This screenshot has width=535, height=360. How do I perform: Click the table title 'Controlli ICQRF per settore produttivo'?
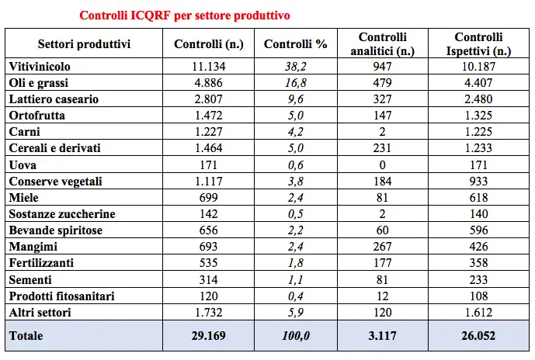point(186,16)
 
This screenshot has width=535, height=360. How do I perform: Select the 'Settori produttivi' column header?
point(84,44)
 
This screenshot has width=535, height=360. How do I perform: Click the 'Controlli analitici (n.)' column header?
point(383,44)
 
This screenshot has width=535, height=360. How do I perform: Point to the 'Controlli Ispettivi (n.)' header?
point(479,44)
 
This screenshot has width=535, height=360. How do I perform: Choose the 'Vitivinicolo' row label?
point(40,67)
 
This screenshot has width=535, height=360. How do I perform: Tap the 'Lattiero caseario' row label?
point(54,99)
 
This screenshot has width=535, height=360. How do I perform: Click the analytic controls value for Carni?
point(383,132)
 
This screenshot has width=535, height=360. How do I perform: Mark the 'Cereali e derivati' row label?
point(55,148)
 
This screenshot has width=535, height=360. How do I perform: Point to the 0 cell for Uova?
point(383,164)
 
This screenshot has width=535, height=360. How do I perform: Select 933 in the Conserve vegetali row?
point(479,181)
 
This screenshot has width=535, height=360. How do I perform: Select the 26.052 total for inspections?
point(479,336)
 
